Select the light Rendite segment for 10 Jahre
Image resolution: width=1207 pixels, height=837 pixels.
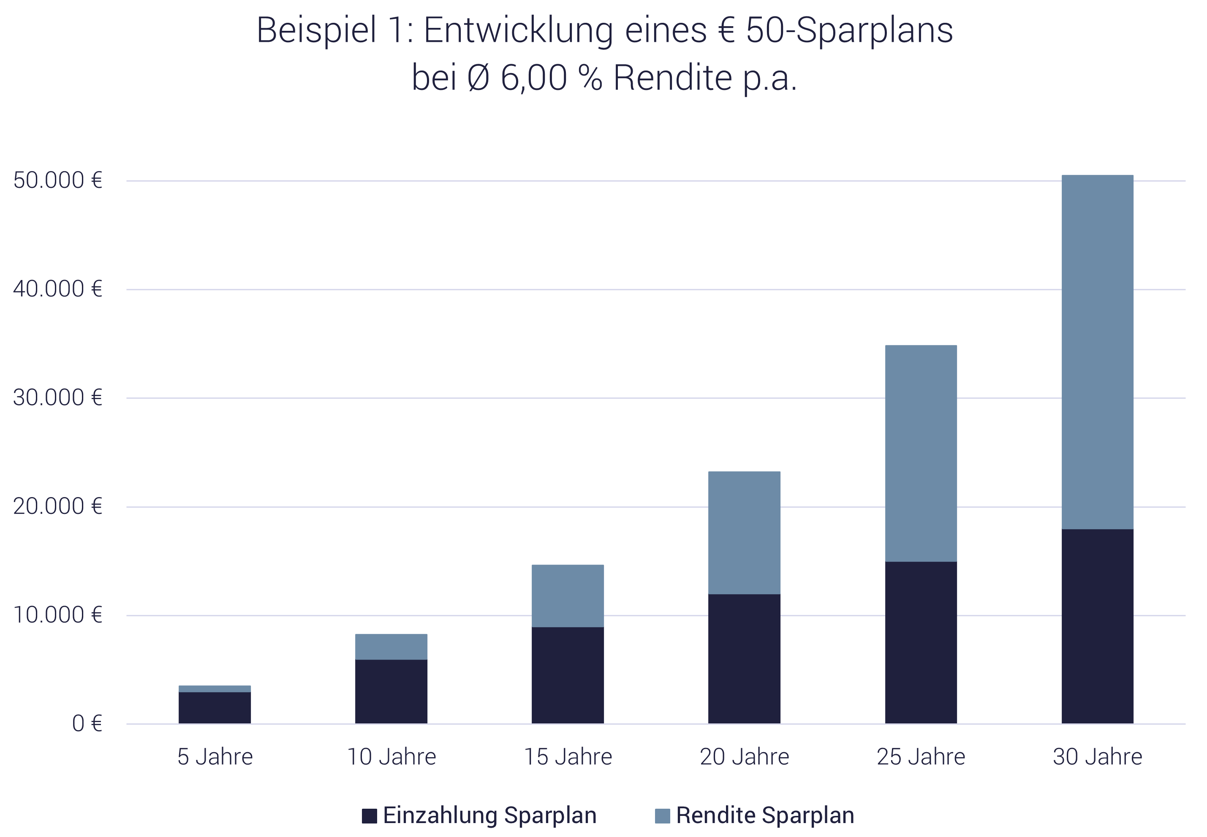tap(391, 647)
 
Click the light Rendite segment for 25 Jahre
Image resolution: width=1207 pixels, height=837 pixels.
tap(921, 453)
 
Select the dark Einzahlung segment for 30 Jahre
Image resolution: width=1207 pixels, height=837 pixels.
tap(1098, 626)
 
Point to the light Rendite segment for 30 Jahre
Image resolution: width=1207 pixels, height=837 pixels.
tap(1098, 351)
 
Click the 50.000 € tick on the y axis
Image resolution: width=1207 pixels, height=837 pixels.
tap(57, 180)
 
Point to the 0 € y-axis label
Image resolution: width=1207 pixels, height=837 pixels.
tap(87, 724)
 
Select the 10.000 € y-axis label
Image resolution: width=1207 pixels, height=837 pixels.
tap(57, 615)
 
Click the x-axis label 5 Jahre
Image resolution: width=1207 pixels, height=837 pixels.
tap(215, 757)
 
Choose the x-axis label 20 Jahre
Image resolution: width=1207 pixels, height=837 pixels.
tap(745, 757)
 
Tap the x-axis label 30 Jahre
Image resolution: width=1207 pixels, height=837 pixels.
tap(1098, 757)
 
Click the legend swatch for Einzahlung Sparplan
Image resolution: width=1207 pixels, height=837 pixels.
tap(369, 816)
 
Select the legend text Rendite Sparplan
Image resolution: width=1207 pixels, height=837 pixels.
tap(765, 815)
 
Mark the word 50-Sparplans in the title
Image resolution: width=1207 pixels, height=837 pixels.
tap(849, 30)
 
